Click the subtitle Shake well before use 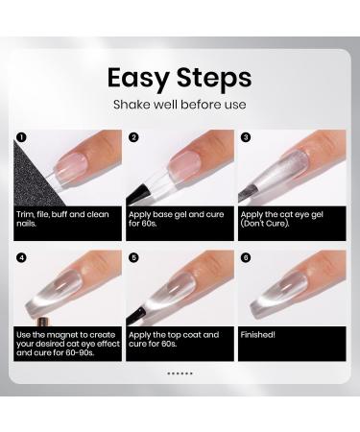180,105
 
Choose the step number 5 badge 133,257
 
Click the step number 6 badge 246,257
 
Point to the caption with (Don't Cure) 282,217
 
